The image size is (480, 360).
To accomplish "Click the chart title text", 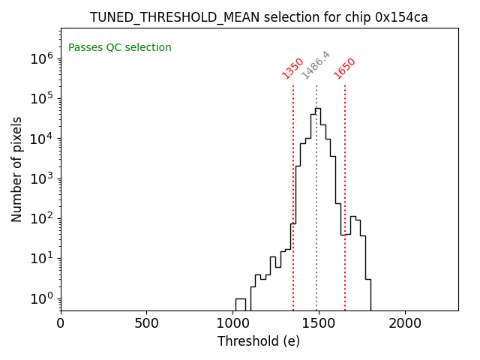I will point(259,17).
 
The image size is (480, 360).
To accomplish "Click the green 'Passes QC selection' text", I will point(120,48).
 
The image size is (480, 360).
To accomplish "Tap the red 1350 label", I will point(292,68).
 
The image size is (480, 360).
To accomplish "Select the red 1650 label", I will point(345,68).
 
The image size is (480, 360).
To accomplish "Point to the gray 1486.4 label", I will point(316,65).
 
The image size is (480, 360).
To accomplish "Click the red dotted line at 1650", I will point(345,187).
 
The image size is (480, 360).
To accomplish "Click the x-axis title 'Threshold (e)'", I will point(259,341).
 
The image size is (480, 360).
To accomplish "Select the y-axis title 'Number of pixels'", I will point(17,169).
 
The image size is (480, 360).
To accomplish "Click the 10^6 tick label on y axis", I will point(41,58).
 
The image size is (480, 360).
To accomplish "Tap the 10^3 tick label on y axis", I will point(41,178).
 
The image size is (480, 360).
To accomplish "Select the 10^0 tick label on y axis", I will point(41,298).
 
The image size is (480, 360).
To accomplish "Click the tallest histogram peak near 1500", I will point(318,109).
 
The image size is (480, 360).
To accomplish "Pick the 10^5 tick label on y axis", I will point(41,98).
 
